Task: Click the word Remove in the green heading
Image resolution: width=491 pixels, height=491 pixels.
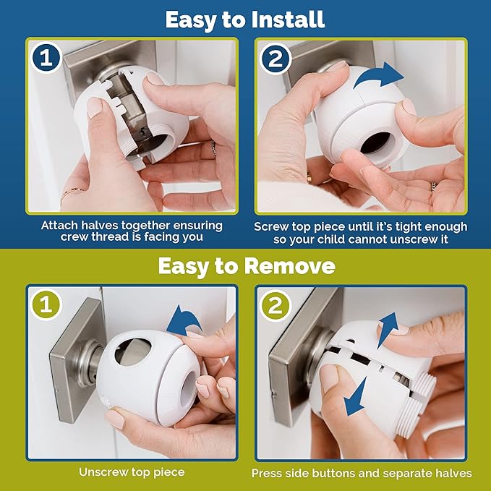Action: (287, 266)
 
